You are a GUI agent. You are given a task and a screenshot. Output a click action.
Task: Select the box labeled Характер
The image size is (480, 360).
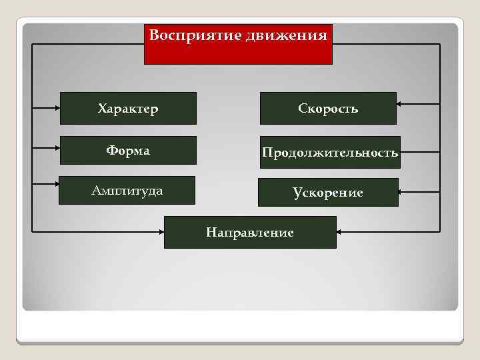click(x=128, y=109)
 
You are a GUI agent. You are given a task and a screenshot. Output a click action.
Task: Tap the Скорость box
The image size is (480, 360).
click(x=328, y=109)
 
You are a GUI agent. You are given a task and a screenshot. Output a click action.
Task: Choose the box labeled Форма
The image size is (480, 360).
click(x=128, y=151)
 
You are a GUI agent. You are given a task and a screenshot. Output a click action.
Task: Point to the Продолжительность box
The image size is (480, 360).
click(x=330, y=153)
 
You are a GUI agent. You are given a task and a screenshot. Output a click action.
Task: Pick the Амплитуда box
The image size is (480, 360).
click(x=127, y=191)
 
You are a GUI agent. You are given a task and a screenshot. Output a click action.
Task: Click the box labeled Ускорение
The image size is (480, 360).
click(x=328, y=193)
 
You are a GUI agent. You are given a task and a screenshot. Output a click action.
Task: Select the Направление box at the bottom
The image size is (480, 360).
click(x=250, y=233)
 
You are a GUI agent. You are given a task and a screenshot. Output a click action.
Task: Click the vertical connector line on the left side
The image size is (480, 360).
click(x=32, y=133)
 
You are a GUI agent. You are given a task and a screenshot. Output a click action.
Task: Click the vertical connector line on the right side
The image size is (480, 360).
click(x=440, y=133)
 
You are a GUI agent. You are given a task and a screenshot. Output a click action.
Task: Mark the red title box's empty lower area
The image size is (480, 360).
click(x=238, y=54)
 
